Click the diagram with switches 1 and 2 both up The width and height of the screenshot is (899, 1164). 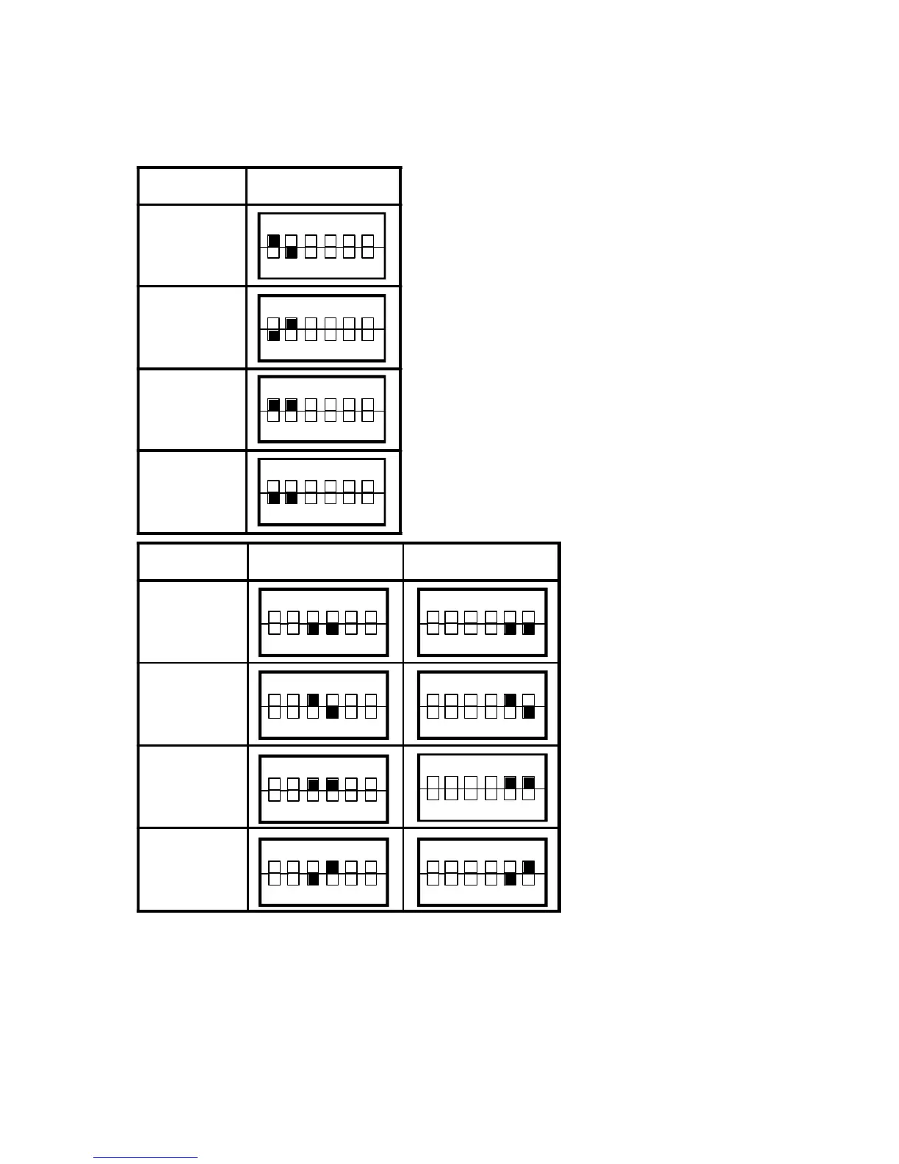322,410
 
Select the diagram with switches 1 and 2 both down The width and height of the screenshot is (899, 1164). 322,492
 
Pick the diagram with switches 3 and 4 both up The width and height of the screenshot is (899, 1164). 323,789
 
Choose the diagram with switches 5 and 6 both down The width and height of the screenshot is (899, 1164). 482,622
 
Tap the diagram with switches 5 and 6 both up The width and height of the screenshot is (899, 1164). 482,788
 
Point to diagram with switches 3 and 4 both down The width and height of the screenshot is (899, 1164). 323,622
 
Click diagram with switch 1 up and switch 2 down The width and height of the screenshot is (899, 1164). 322,246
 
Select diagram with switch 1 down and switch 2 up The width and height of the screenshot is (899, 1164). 322,328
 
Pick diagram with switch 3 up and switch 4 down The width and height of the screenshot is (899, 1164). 323,705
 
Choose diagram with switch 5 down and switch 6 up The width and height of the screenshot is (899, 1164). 482,872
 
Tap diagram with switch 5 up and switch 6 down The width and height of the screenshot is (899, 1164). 482,705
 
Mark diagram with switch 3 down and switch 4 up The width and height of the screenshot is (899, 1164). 323,872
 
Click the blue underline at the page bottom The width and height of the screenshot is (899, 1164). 145,1158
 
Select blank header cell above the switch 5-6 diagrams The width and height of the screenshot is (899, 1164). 481,562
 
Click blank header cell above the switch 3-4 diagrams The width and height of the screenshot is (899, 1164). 325,562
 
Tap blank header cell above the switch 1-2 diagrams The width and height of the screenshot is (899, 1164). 323,186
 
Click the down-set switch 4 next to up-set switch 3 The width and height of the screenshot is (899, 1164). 332,712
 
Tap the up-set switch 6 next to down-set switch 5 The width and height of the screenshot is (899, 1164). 529,867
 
